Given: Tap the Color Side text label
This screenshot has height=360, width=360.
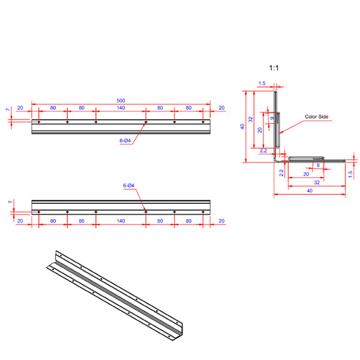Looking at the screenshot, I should tap(317, 117).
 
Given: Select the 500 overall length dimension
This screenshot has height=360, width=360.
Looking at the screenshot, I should tap(121, 101).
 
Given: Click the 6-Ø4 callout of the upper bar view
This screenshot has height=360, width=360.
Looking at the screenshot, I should tap(125, 140).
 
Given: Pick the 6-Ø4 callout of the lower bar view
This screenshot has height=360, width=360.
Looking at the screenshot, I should tap(128, 187).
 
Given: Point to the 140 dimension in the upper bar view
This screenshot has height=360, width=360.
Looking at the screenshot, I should tap(121, 108).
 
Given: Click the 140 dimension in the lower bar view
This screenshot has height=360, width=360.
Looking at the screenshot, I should tap(121, 221).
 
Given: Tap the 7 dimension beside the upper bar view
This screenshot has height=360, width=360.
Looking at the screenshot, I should tap(8, 110).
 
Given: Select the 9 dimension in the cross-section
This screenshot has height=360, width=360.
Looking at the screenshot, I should tap(272, 118).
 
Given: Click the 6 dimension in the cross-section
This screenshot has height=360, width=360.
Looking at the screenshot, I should tap(317, 165).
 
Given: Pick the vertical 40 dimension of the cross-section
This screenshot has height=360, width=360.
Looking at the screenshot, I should tap(242, 126).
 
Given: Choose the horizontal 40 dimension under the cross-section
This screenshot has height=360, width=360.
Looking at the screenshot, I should tap(309, 190).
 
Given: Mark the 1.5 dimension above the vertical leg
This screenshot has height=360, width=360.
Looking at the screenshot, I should tap(262, 83).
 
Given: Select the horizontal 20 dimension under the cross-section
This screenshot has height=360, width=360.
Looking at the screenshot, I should tap(307, 173).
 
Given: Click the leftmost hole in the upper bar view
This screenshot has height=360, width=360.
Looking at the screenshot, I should tap(39, 122).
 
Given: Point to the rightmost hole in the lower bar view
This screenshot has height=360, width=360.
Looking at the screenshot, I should tap(203, 212).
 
